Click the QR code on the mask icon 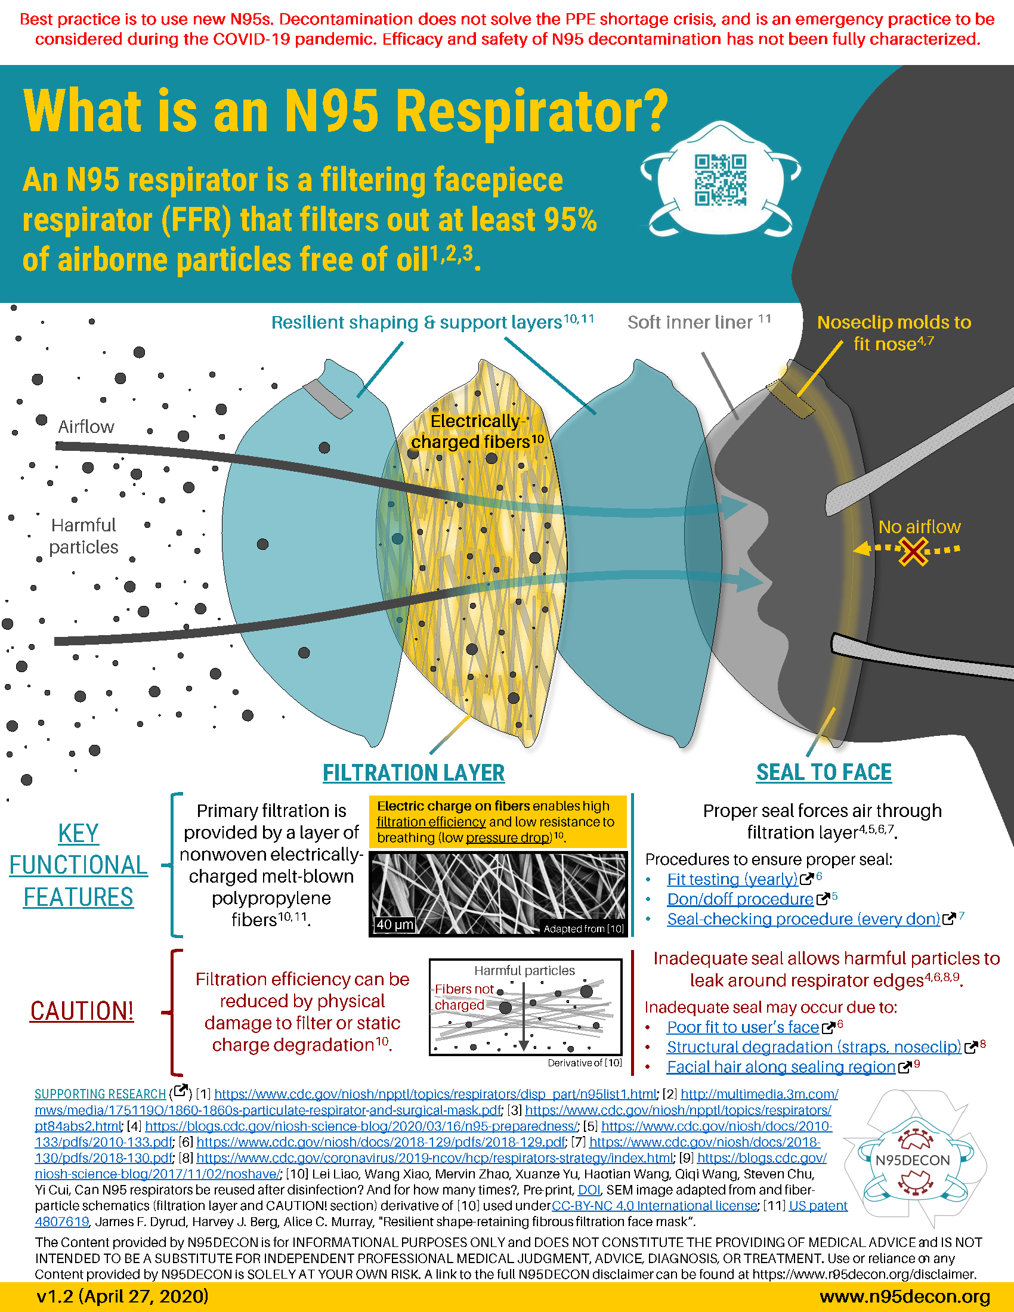(721, 180)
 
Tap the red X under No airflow (913, 552)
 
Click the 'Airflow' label (86, 426)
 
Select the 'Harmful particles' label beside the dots (84, 536)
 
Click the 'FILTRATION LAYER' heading (413, 772)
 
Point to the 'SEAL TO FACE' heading (824, 772)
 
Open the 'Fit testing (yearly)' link (732, 880)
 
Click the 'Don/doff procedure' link (740, 899)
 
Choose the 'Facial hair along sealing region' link (780, 1067)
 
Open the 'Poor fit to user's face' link (743, 1028)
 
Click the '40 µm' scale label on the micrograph (395, 924)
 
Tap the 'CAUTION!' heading (82, 1011)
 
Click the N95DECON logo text (913, 1160)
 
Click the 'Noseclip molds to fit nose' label (894, 333)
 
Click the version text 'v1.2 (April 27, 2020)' (122, 1296)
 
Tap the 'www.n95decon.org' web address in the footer (905, 1296)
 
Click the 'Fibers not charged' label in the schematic (463, 997)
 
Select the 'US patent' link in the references (818, 1206)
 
